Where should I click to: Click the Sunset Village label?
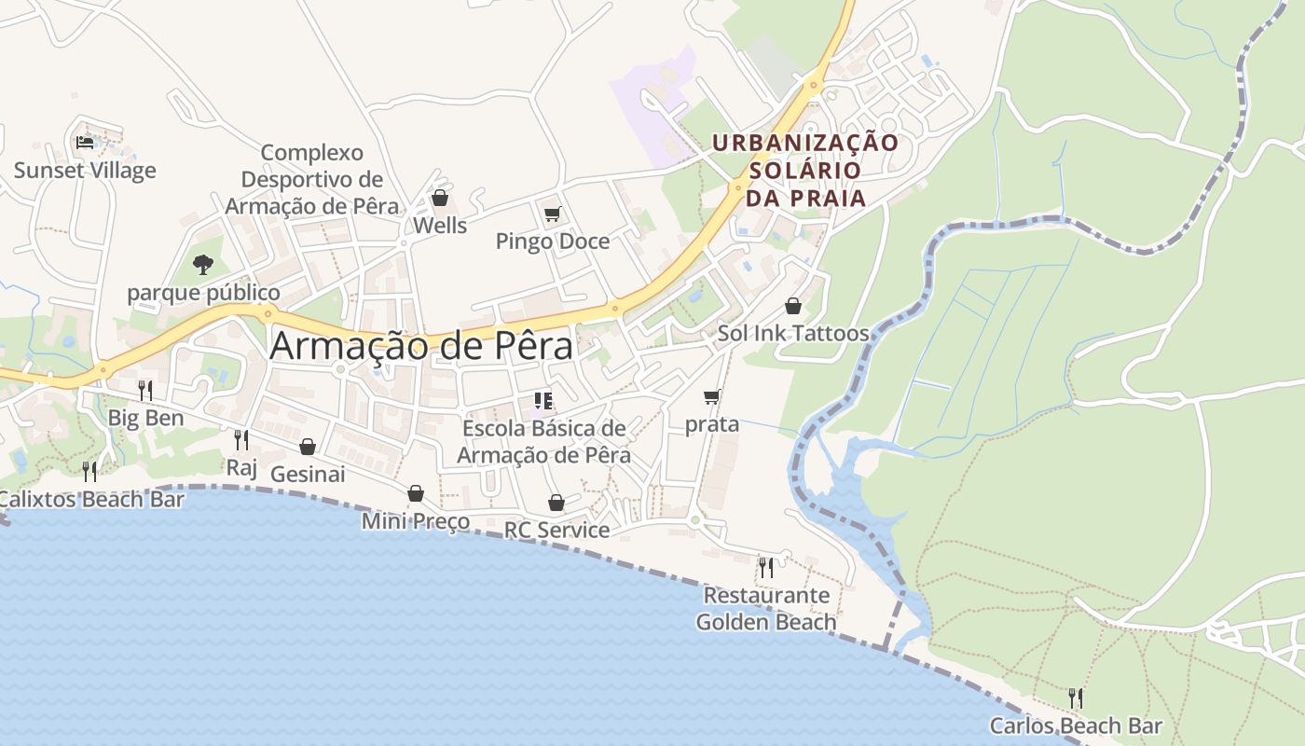coord(85,171)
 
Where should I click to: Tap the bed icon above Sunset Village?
coord(85,143)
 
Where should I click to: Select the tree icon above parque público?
coord(203,265)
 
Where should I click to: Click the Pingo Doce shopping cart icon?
coord(552,214)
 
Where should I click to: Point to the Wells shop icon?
coord(440,198)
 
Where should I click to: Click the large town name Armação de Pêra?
coord(421,347)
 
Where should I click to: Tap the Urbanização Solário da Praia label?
coord(805,170)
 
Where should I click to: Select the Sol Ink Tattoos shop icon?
coord(792,306)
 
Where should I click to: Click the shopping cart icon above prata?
coord(712,397)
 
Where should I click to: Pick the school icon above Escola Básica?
coord(543,401)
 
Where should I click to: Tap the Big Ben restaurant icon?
coord(145,390)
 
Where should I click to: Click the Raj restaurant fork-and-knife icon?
coord(241,439)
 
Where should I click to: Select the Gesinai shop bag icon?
coord(308,447)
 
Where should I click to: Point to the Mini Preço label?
coord(415,521)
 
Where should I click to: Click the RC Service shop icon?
coord(556,503)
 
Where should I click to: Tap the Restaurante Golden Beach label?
coord(766,608)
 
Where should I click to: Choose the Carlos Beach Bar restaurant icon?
coord(1076,698)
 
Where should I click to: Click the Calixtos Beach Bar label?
coord(91,499)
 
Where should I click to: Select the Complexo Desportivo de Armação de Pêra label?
coord(311,179)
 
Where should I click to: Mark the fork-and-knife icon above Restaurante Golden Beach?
coord(765,566)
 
